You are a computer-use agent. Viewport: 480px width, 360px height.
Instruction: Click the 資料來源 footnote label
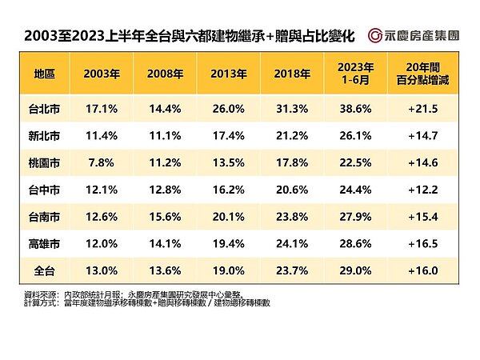pyautogui.click(x=42, y=294)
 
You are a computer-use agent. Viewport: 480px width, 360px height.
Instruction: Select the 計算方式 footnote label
pyautogui.click(x=42, y=302)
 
